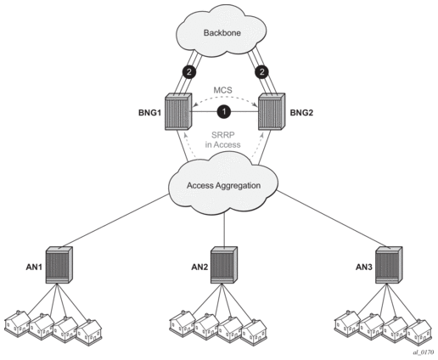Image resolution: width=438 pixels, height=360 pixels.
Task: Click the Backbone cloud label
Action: click(x=222, y=33)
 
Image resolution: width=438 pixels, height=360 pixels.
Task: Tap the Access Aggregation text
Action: click(x=223, y=186)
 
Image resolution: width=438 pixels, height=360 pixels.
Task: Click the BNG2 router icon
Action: click(x=272, y=111)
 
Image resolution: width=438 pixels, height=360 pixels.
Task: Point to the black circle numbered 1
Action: click(x=224, y=111)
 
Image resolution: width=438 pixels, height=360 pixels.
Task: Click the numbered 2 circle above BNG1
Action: click(x=189, y=72)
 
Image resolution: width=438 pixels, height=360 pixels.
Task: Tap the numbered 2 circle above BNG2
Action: click(x=261, y=72)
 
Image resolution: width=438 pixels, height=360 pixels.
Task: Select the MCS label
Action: click(x=222, y=90)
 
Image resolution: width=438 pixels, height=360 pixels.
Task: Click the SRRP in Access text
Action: click(x=223, y=139)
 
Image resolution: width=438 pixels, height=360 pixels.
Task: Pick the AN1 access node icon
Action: click(x=59, y=265)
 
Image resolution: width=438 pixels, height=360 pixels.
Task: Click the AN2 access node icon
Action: click(x=224, y=265)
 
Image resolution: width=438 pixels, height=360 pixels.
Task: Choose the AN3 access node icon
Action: click(x=389, y=265)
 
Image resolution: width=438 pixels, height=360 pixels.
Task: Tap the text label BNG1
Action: click(x=149, y=113)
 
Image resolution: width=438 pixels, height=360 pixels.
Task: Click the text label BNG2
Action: click(x=301, y=113)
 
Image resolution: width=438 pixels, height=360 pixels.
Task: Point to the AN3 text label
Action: click(x=364, y=267)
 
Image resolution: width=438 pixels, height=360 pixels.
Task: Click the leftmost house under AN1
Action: click(x=18, y=323)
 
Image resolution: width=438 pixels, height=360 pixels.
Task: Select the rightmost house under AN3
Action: click(x=419, y=332)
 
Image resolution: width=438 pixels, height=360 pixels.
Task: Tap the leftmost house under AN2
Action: click(x=182, y=323)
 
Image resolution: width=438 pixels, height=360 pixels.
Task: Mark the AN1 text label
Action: click(x=34, y=267)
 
